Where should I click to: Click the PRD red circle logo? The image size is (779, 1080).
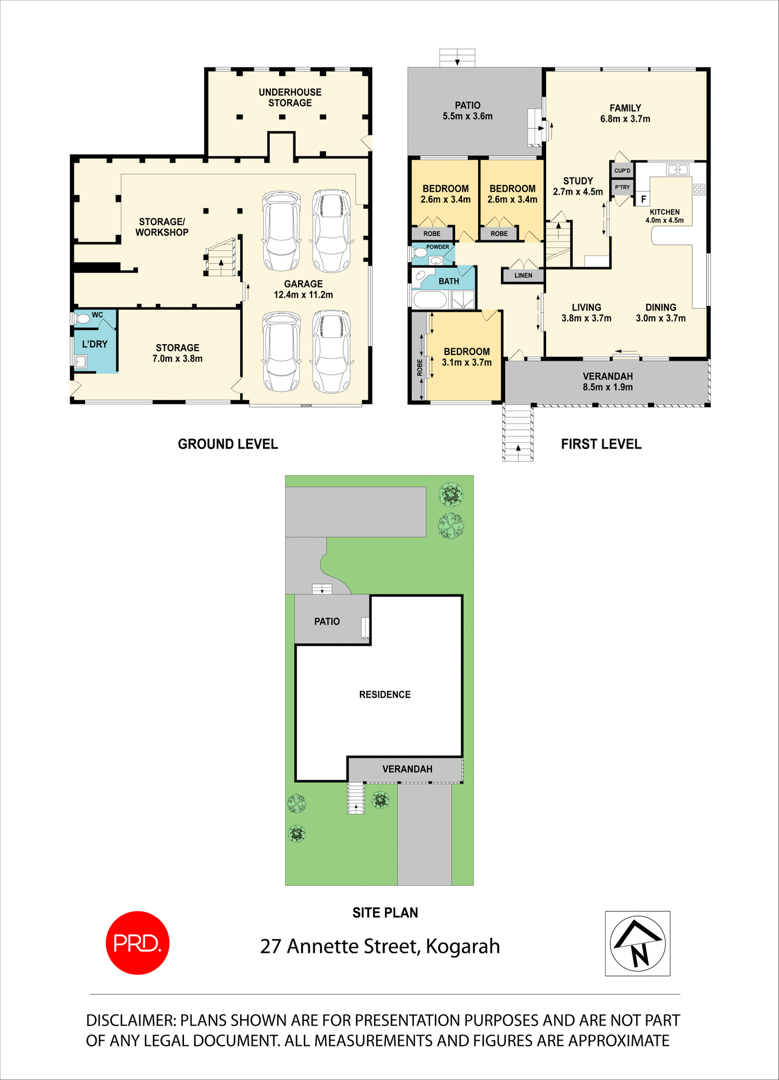click(137, 943)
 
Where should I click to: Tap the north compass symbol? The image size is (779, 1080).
click(638, 943)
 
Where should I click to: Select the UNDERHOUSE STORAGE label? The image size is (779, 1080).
click(290, 97)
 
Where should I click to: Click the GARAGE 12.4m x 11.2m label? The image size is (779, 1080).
click(303, 289)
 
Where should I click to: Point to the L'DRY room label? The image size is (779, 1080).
click(94, 344)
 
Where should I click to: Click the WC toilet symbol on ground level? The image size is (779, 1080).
click(83, 319)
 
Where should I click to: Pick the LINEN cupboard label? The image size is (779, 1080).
click(523, 276)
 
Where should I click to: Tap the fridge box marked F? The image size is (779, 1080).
click(643, 199)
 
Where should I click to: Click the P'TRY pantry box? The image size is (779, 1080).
click(622, 187)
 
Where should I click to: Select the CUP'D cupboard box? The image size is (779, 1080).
click(622, 170)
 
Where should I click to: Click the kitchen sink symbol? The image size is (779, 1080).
click(677, 169)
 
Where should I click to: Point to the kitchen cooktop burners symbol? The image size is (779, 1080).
click(699, 189)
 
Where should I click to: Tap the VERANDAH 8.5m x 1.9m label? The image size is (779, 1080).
click(607, 381)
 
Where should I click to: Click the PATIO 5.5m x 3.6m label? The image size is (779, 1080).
click(467, 111)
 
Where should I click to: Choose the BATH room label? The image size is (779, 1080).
click(449, 281)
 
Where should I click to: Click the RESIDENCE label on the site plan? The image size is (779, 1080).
click(385, 695)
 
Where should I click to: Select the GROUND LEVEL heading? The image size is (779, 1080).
click(228, 444)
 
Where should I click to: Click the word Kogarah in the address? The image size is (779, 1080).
click(462, 947)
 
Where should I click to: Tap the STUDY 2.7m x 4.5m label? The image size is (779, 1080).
click(578, 186)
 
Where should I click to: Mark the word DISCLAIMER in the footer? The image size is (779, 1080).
click(130, 1020)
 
